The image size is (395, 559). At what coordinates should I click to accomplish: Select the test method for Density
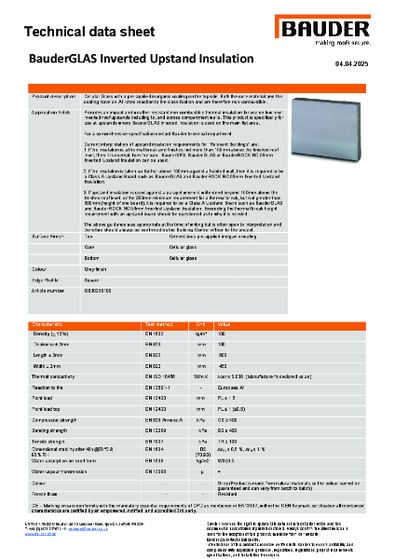click(152, 333)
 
